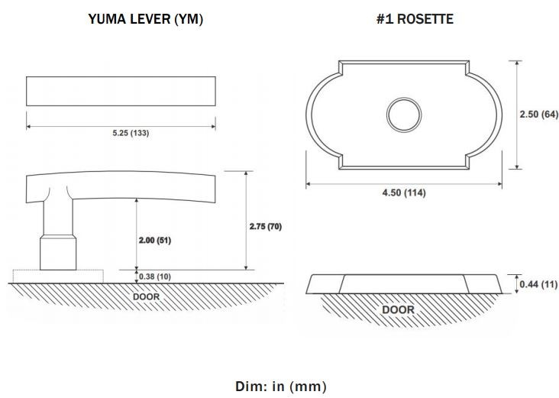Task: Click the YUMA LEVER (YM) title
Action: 145,19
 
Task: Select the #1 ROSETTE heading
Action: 415,19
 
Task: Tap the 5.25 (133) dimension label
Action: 131,133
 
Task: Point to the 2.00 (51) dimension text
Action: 155,241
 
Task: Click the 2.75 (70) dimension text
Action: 266,226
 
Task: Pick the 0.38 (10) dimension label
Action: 155,277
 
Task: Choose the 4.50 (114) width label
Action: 404,193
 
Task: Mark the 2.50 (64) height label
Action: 538,115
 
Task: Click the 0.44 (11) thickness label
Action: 538,284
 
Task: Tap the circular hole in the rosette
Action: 404,115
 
